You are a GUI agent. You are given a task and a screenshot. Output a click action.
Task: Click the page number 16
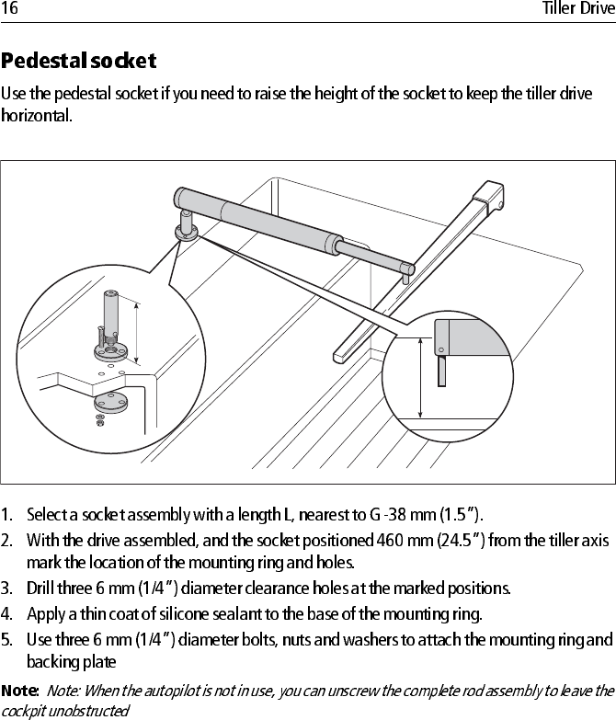click(10, 9)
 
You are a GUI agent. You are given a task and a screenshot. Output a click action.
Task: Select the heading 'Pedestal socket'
click(79, 63)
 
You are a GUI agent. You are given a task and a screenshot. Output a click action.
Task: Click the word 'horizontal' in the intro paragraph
click(33, 116)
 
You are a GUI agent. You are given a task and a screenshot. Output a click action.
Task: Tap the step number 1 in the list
click(6, 513)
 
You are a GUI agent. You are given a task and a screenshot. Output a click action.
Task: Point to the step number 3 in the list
click(6, 588)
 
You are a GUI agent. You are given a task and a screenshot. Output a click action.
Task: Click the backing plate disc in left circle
click(109, 401)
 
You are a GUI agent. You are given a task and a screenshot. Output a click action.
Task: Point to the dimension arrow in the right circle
click(421, 377)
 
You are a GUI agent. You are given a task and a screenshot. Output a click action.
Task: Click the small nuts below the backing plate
click(100, 419)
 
